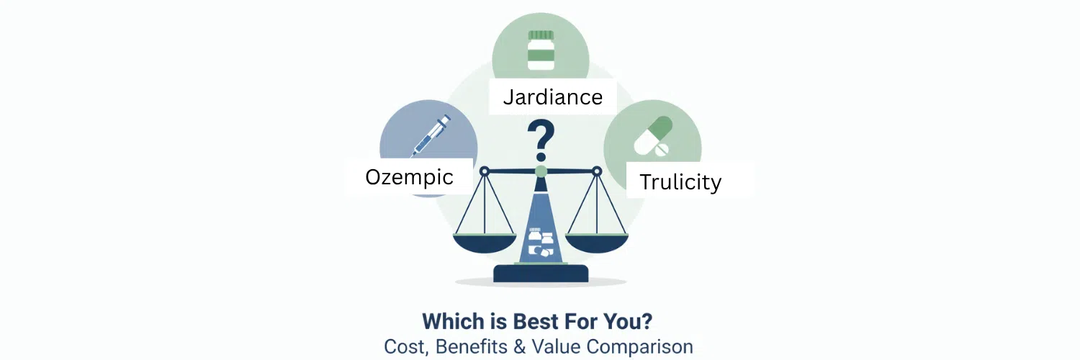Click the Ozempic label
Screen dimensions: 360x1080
click(x=409, y=177)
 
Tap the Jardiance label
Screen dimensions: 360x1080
click(x=552, y=96)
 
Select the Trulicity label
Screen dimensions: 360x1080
click(x=680, y=181)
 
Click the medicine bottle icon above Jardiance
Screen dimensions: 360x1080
click(x=541, y=50)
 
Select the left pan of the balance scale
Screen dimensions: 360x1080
click(x=485, y=242)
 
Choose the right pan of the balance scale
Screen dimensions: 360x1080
click(x=596, y=242)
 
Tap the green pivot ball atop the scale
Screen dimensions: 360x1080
click(x=541, y=171)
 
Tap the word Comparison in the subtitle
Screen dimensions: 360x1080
click(x=639, y=346)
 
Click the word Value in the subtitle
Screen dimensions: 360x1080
click(x=557, y=346)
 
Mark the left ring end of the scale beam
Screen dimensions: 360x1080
click(x=485, y=171)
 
